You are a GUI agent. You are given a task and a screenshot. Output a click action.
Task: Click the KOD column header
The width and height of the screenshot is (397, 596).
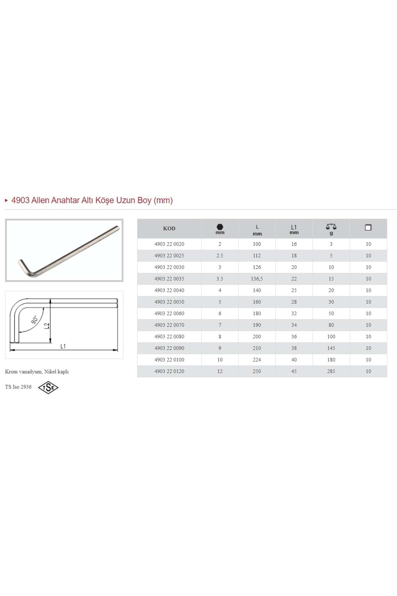click(x=169, y=228)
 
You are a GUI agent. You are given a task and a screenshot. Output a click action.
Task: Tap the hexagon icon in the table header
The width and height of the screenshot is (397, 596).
click(x=220, y=227)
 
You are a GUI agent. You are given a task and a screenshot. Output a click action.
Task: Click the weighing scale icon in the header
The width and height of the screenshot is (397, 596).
click(x=331, y=226)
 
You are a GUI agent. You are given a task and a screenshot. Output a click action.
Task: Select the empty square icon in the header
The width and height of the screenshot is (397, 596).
click(x=368, y=227)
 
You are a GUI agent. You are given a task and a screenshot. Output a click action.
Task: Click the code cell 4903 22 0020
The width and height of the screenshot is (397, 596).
click(x=169, y=244)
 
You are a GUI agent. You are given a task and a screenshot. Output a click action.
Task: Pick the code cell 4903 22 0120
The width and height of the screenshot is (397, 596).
click(x=169, y=371)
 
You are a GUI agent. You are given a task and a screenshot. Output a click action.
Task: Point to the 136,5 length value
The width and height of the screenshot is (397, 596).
click(x=257, y=279)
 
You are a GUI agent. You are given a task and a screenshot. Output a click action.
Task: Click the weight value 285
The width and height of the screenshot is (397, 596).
click(x=331, y=371)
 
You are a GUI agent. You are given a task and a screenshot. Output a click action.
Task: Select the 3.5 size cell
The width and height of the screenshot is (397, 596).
click(x=220, y=279)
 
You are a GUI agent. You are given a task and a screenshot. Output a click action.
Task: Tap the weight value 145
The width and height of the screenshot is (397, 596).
click(x=331, y=348)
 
